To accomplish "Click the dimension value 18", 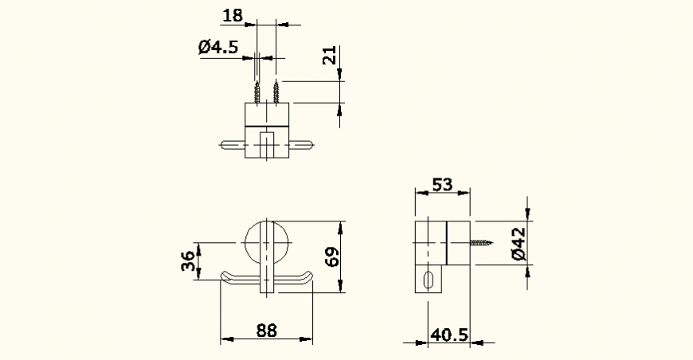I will click(x=233, y=15).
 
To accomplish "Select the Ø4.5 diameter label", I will click(x=218, y=47).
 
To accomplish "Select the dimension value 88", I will click(x=266, y=330).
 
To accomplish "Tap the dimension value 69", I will click(x=332, y=256).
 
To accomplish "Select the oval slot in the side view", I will click(x=430, y=280).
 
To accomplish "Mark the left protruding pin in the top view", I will click(x=230, y=145).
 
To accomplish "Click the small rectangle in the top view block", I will click(x=266, y=145).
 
